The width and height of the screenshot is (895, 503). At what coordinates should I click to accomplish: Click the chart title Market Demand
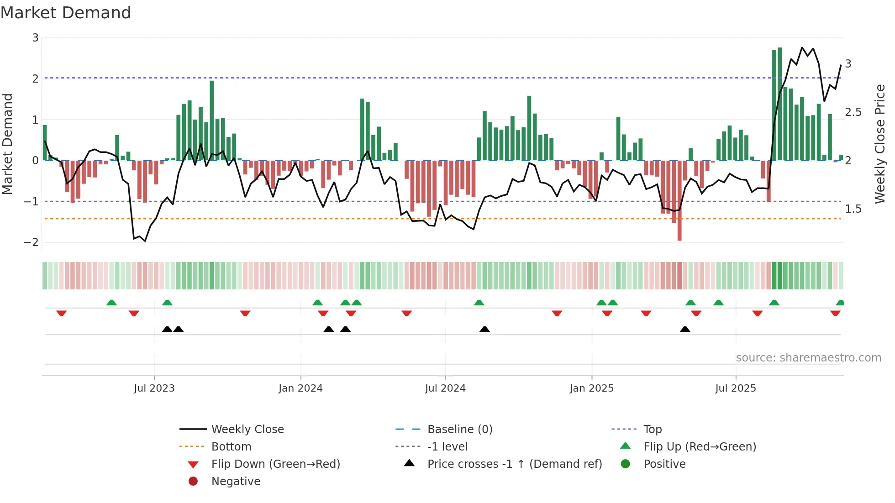click(66, 13)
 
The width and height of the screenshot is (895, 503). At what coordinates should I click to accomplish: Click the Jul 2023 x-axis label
click(154, 388)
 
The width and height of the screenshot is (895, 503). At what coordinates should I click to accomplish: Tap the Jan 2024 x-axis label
click(300, 388)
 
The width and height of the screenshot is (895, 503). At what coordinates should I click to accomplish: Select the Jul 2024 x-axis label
click(445, 388)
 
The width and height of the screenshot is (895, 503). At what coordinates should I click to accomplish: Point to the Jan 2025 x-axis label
click(591, 388)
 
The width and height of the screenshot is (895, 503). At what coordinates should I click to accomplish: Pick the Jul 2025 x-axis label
click(736, 388)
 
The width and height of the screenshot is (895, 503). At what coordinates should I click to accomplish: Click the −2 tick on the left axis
click(31, 242)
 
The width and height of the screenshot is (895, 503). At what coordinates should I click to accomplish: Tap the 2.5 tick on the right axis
click(853, 112)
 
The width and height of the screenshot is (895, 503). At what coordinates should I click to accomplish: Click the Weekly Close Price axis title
click(879, 144)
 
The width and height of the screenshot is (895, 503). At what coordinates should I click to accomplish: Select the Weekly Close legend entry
click(247, 430)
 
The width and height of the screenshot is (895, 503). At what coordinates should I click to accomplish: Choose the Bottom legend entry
click(231, 447)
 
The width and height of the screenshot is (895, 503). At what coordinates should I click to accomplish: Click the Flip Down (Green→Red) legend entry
click(275, 464)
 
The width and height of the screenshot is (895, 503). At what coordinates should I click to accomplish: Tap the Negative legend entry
click(236, 482)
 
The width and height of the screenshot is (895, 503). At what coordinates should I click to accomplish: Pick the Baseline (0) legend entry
click(459, 430)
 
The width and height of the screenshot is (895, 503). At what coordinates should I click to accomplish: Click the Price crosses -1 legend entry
click(514, 464)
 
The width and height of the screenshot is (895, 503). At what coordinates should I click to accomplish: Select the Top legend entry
click(652, 430)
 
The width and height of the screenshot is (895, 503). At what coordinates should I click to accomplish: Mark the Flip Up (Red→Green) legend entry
click(700, 447)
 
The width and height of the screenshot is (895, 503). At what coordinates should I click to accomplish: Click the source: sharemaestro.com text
click(808, 358)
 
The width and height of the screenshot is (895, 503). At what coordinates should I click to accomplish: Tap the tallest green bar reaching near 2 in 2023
click(212, 121)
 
